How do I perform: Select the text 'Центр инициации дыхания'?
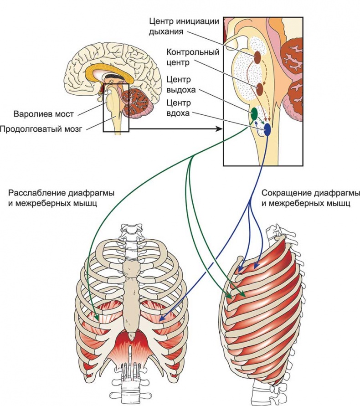(185, 26)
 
